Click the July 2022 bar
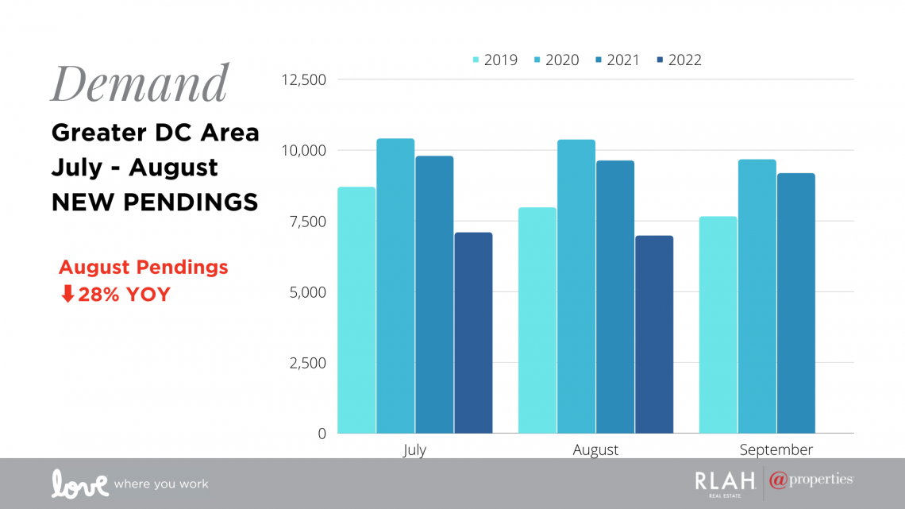pyautogui.click(x=473, y=333)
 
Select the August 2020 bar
pyautogui.click(x=576, y=286)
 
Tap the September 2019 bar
pyautogui.click(x=718, y=325)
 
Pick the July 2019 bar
pyautogui.click(x=356, y=310)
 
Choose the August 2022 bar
pyautogui.click(x=654, y=334)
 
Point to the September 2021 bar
pyautogui.click(x=796, y=303)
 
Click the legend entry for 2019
pyautogui.click(x=495, y=60)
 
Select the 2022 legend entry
pyautogui.click(x=680, y=60)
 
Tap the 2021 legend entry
pyautogui.click(x=618, y=60)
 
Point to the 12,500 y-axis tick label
pyautogui.click(x=303, y=79)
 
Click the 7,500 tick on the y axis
pyautogui.click(x=308, y=222)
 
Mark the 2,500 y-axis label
pyautogui.click(x=308, y=363)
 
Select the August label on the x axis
pyautogui.click(x=595, y=450)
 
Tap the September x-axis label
pyautogui.click(x=776, y=449)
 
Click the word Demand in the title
pyautogui.click(x=141, y=83)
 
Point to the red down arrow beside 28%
pyautogui.click(x=67, y=294)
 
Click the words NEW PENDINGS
pyautogui.click(x=155, y=202)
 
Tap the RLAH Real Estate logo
pyautogui.click(x=725, y=484)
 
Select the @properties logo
pyautogui.click(x=811, y=480)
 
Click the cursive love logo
pyautogui.click(x=79, y=484)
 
